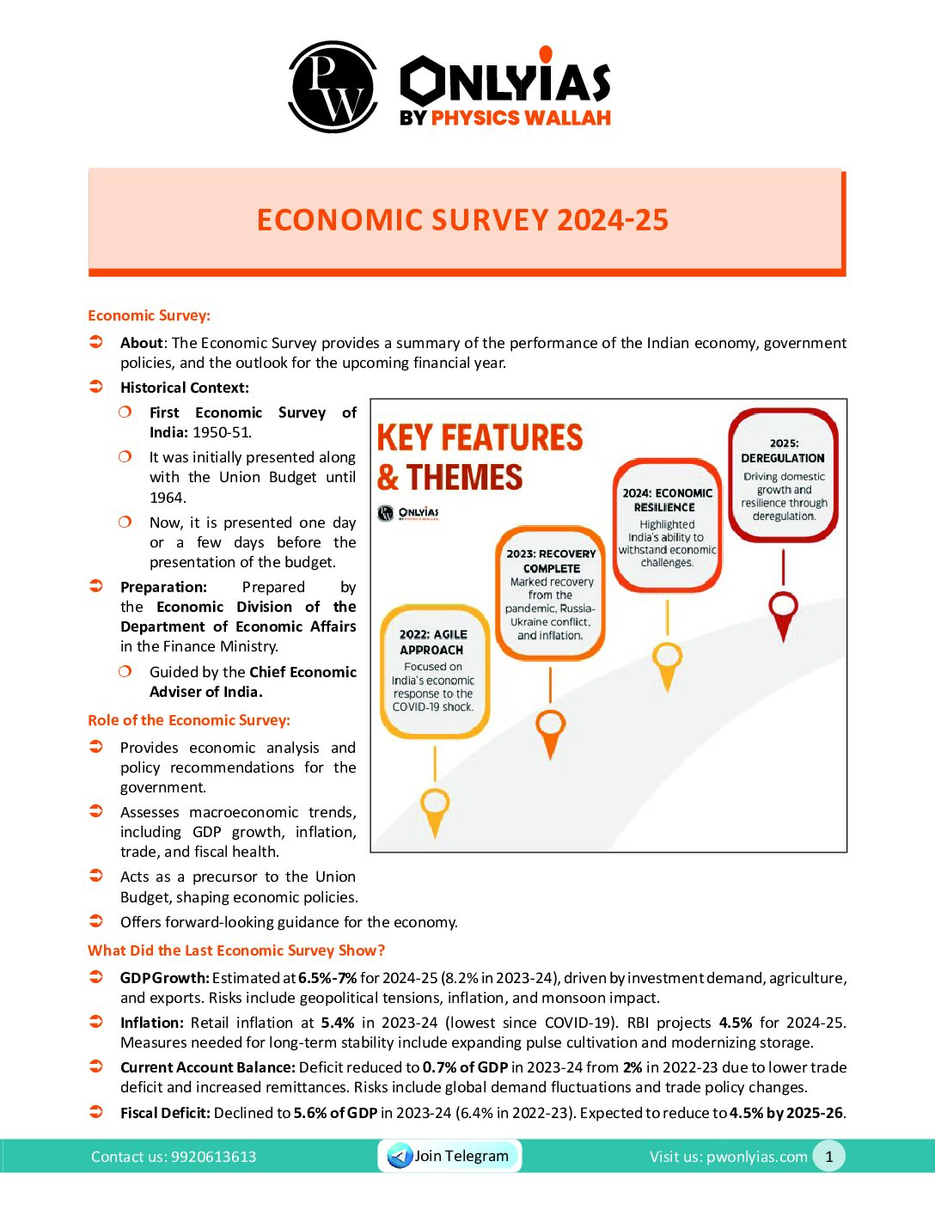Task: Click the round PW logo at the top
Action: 333,86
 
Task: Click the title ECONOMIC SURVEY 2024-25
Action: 462,220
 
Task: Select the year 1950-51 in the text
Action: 222,432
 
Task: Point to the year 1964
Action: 168,498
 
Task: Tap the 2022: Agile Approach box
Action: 434,671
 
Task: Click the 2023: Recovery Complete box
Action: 551,593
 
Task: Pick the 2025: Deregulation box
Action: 783,476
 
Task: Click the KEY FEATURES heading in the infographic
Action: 480,437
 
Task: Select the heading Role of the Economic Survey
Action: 189,720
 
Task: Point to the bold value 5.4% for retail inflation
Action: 338,1023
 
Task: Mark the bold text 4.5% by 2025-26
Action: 786,1113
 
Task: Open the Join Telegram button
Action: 449,1156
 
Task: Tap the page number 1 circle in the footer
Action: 828,1157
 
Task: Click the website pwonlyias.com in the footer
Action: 756,1157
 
